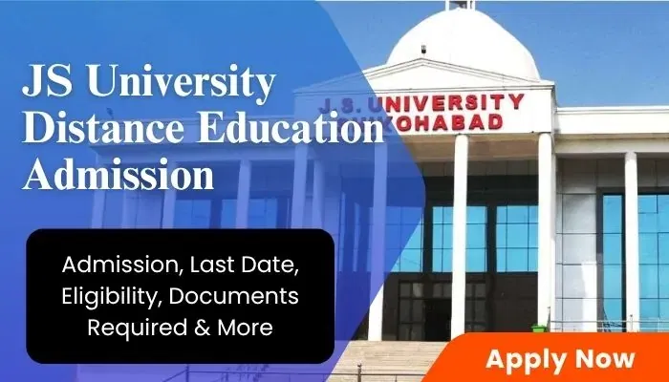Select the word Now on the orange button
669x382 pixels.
tap(603, 359)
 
